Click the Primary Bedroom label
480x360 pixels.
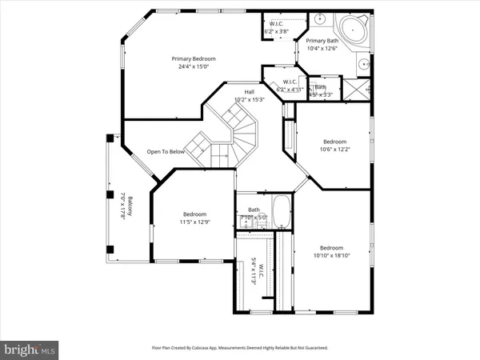point(190,58)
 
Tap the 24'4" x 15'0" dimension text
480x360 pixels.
point(190,66)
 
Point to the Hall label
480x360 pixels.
point(249,92)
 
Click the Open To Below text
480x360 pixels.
point(166,151)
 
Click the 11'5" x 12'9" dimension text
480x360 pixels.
point(194,222)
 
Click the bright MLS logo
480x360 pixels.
point(30,350)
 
